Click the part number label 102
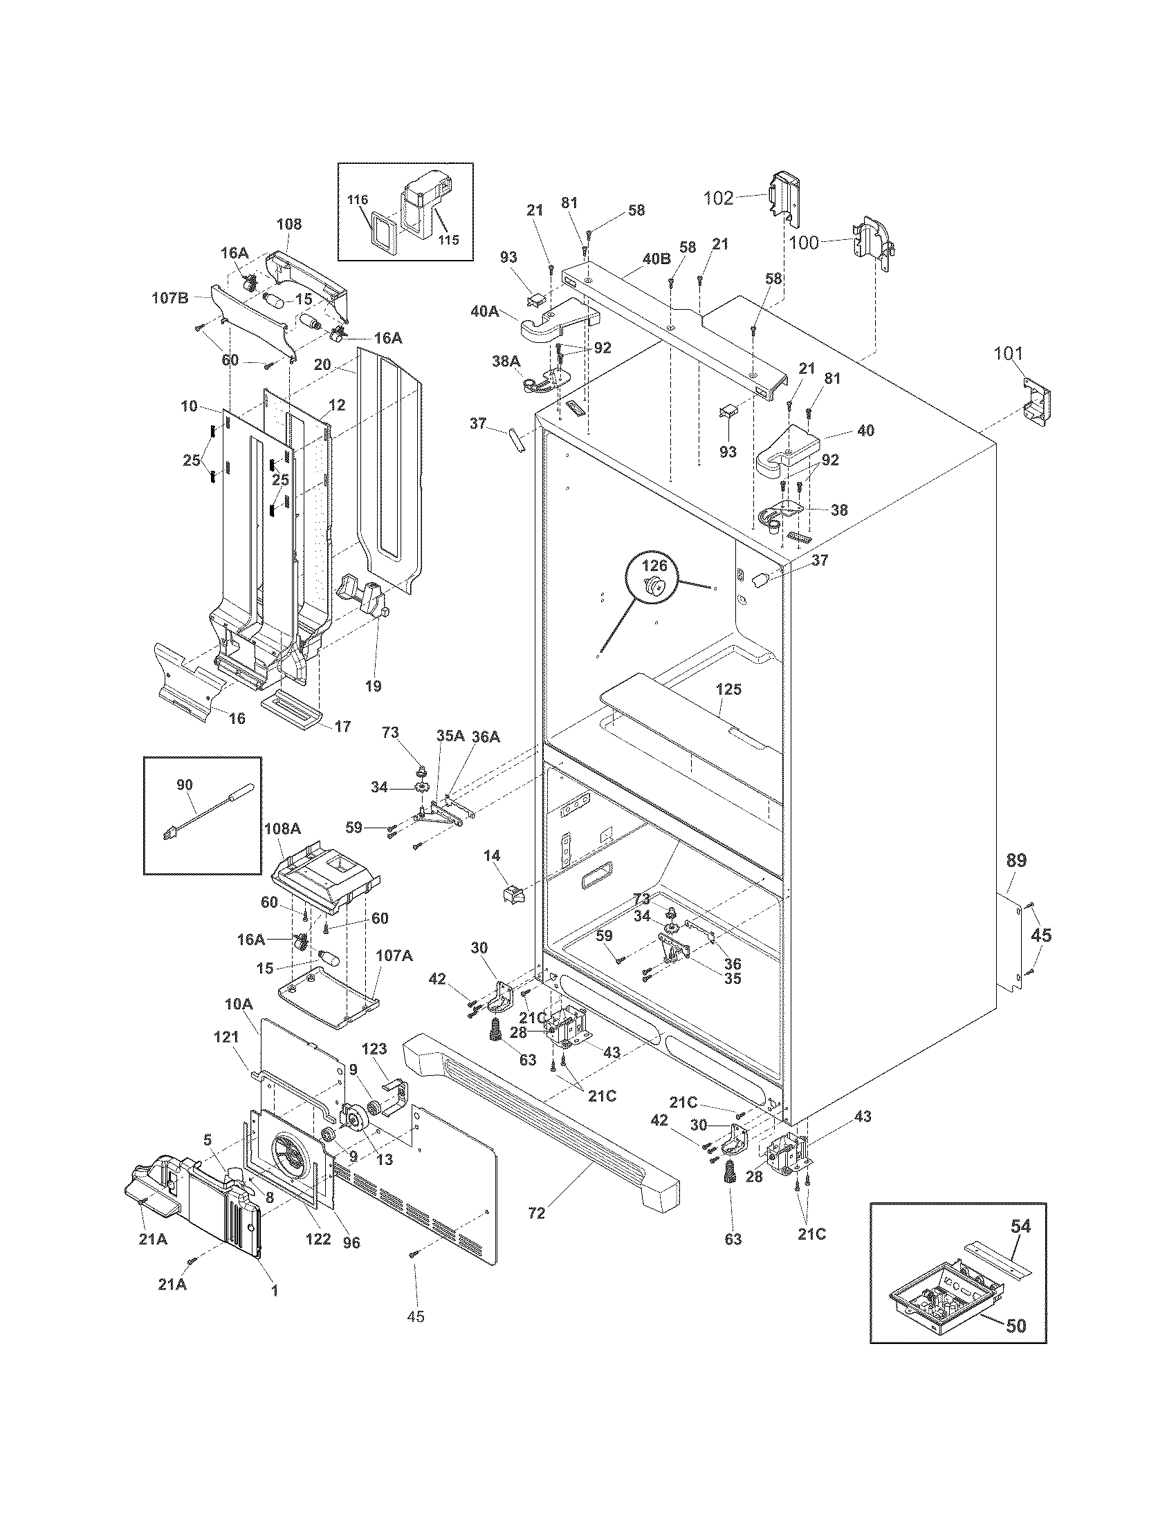click(718, 198)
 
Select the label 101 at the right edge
click(1008, 354)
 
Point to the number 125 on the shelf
click(728, 689)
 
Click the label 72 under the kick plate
click(536, 1213)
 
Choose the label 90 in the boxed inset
click(184, 785)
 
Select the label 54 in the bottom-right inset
click(1020, 1225)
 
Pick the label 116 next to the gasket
click(358, 200)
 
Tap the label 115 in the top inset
click(449, 240)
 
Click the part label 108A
click(282, 829)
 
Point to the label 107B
click(170, 298)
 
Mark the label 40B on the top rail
click(656, 259)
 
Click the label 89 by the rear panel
click(1016, 861)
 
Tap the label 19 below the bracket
click(373, 686)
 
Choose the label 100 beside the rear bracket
click(805, 243)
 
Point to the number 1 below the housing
click(275, 1291)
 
